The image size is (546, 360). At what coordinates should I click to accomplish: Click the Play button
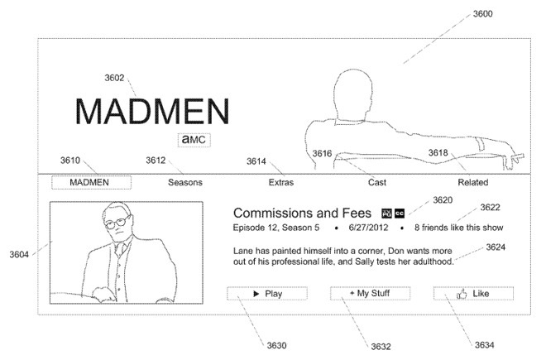(267, 294)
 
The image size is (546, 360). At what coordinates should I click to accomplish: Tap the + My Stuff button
(370, 294)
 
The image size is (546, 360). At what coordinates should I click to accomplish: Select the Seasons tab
(185, 182)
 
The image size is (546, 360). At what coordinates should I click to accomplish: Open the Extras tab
(281, 182)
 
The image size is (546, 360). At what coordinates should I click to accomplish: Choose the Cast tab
(377, 182)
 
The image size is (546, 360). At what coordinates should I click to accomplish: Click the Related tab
(473, 182)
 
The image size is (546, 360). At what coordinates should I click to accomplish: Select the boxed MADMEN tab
(91, 183)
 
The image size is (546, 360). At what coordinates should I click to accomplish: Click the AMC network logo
(194, 140)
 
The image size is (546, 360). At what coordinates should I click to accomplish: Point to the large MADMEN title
(152, 111)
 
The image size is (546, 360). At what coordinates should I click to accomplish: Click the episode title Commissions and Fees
(302, 213)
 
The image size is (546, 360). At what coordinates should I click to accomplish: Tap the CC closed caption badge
(400, 214)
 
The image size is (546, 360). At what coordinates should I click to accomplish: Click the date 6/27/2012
(368, 228)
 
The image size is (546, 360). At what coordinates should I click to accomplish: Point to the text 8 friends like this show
(458, 228)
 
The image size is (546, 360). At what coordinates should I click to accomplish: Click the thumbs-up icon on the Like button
(462, 294)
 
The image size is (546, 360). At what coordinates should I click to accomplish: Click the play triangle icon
(256, 294)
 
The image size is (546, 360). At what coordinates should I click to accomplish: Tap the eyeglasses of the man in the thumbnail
(117, 223)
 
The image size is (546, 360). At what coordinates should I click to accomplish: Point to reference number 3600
(482, 14)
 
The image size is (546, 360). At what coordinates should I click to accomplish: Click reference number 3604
(19, 254)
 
